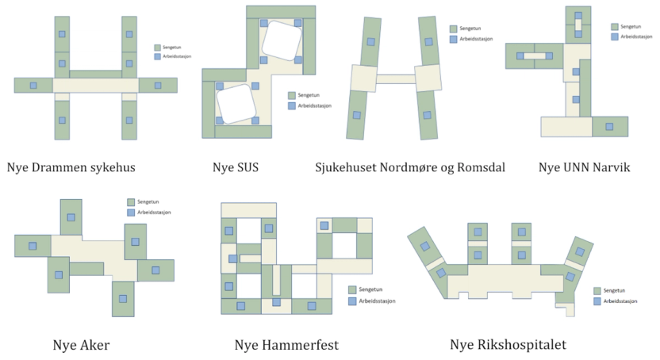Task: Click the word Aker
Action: pyautogui.click(x=93, y=345)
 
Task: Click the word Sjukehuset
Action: pyautogui.click(x=350, y=168)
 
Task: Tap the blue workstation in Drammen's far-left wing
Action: pyautogui.click(x=33, y=85)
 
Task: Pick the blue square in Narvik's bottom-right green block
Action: pyautogui.click(x=608, y=126)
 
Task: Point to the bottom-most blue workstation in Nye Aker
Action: pyautogui.click(x=122, y=299)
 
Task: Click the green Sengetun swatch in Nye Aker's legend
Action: pyautogui.click(x=132, y=201)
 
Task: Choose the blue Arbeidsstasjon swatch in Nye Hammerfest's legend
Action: pyautogui.click(x=352, y=301)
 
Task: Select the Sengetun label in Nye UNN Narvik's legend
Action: pyautogui.click(x=631, y=26)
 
